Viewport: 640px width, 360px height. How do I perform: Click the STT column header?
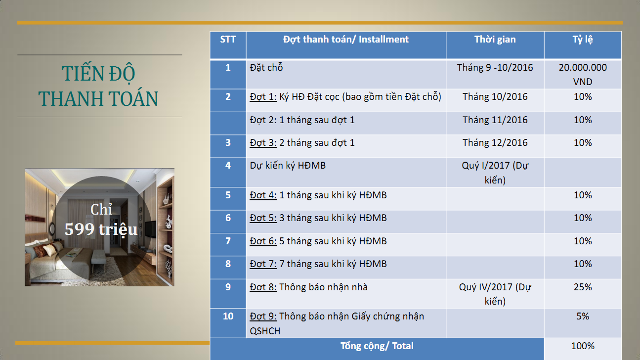pyautogui.click(x=228, y=39)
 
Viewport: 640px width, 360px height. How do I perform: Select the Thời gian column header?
pyautogui.click(x=495, y=39)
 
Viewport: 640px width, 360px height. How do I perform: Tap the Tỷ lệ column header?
pyautogui.click(x=583, y=40)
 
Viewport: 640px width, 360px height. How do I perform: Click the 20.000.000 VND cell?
pyautogui.click(x=583, y=74)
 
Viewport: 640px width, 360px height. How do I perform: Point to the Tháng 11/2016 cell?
pyautogui.click(x=495, y=120)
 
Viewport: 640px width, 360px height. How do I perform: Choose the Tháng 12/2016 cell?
pyautogui.click(x=495, y=143)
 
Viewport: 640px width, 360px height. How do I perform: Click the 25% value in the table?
pyautogui.click(x=583, y=287)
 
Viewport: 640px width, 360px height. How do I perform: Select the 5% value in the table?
pyautogui.click(x=583, y=316)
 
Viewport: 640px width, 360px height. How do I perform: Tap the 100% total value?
pyautogui.click(x=583, y=346)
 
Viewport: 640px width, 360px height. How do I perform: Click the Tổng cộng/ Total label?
pyautogui.click(x=377, y=346)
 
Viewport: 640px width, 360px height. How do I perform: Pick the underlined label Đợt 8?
pyautogui.click(x=263, y=287)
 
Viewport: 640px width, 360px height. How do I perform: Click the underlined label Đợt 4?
pyautogui.click(x=263, y=195)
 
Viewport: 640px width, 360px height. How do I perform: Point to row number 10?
pyautogui.click(x=228, y=316)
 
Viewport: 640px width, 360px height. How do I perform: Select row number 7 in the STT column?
pyautogui.click(x=228, y=241)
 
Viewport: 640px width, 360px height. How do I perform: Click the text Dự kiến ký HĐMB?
pyautogui.click(x=288, y=166)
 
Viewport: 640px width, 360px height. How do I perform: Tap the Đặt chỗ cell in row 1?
pyautogui.click(x=266, y=67)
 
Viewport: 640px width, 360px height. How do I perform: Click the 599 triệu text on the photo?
pyautogui.click(x=101, y=230)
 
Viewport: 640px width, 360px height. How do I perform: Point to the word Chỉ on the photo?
pyautogui.click(x=101, y=209)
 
